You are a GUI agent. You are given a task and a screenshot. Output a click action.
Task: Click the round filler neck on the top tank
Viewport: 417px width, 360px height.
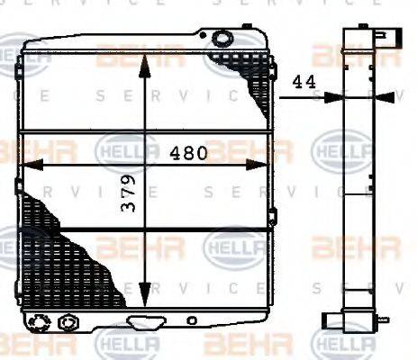pos(221,39)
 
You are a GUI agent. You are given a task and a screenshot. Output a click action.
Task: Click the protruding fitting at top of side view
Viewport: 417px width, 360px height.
pos(383,38)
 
